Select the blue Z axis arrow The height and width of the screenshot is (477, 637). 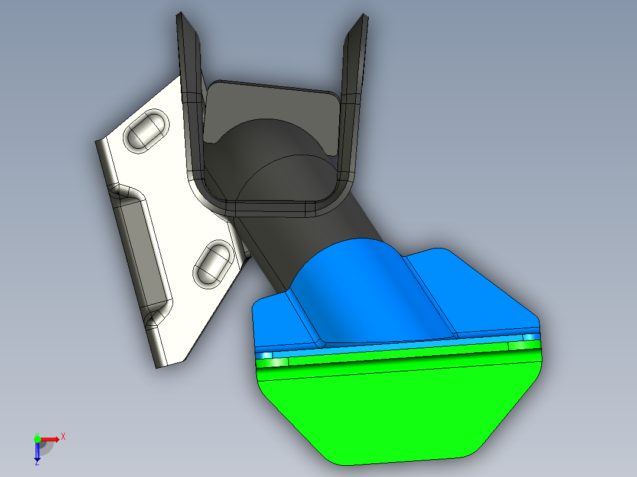tap(37, 452)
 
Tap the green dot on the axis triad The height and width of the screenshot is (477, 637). tap(37, 439)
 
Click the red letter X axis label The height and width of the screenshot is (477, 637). tap(63, 436)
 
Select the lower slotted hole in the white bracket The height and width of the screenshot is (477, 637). tap(211, 262)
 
